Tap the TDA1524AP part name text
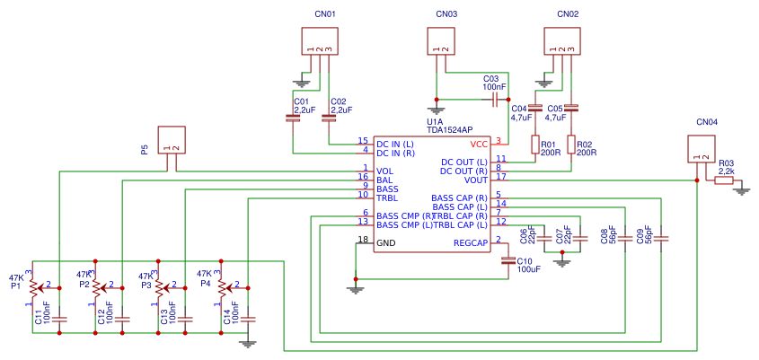click(x=450, y=129)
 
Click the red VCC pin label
click(x=479, y=144)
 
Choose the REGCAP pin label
click(x=470, y=243)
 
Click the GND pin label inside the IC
click(x=385, y=243)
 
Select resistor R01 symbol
click(x=535, y=145)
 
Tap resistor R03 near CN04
click(x=724, y=180)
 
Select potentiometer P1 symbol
click(x=33, y=288)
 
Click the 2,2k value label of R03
click(x=725, y=171)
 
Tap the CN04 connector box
click(x=701, y=149)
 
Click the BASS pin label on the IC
click(x=387, y=189)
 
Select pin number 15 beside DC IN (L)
click(x=363, y=141)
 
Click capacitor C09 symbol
click(x=661, y=239)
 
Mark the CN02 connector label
click(x=568, y=14)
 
